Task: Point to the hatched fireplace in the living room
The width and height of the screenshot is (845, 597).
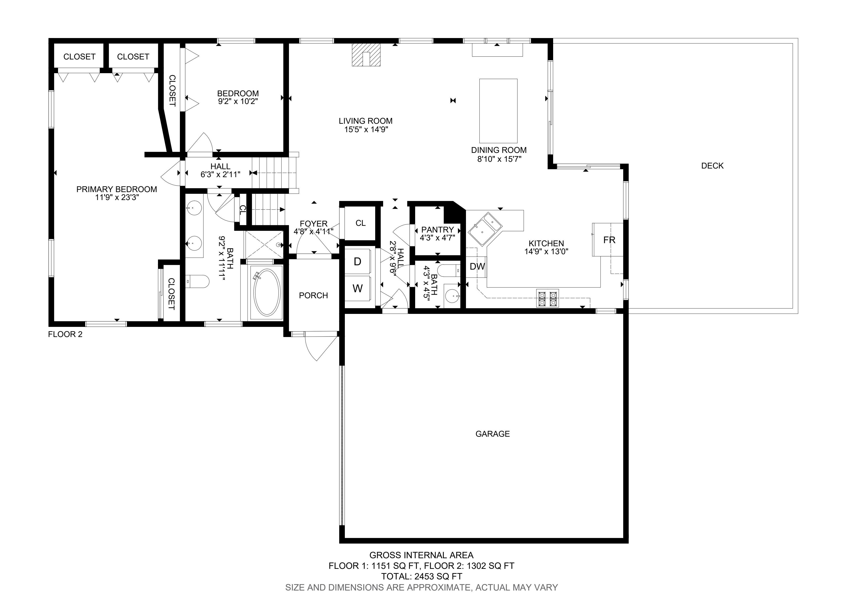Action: [x=366, y=54]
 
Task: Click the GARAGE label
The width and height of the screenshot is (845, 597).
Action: [x=492, y=434]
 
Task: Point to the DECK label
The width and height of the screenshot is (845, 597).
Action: [x=712, y=166]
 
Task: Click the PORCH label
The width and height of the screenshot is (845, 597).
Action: [x=313, y=295]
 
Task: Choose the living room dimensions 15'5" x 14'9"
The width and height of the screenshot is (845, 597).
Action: [x=366, y=130]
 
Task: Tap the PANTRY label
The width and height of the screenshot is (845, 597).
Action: [x=437, y=230]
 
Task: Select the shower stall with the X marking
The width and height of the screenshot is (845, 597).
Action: [x=264, y=245]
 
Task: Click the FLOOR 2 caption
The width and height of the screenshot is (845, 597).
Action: [x=65, y=334]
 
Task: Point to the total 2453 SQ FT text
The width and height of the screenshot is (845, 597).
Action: [x=421, y=576]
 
